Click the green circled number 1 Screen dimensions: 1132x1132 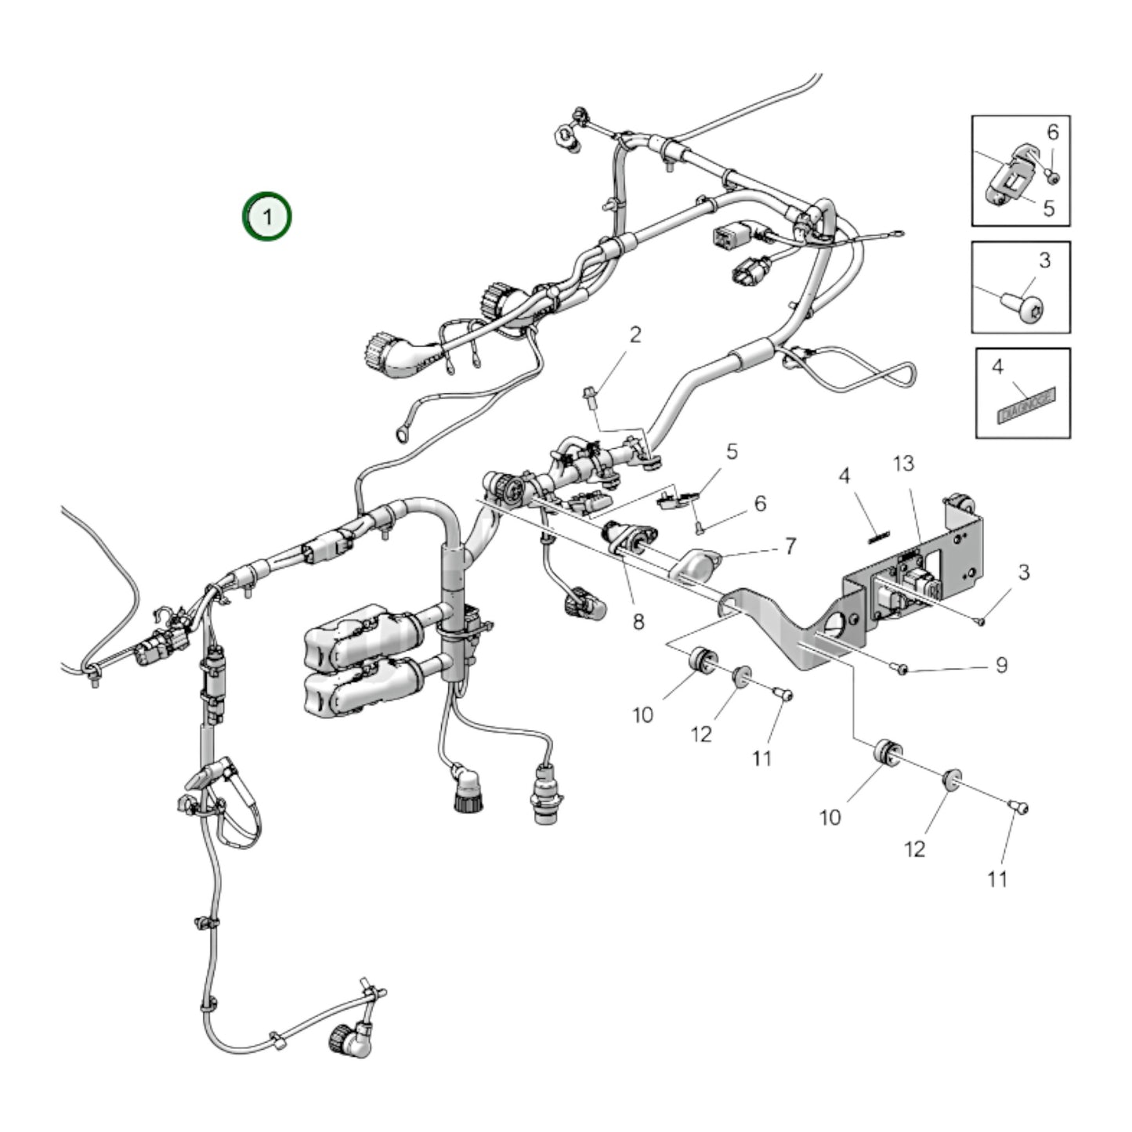[x=266, y=215]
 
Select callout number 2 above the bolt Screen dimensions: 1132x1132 [x=635, y=335]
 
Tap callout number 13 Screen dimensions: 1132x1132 [x=903, y=464]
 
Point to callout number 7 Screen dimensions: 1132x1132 [x=790, y=546]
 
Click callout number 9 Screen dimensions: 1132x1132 [x=1001, y=665]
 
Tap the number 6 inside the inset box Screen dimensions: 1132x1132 [x=1052, y=132]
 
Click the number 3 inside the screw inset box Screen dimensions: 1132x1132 [x=1044, y=260]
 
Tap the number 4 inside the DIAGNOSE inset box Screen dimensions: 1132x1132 [x=997, y=367]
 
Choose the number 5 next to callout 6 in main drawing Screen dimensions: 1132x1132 [x=732, y=451]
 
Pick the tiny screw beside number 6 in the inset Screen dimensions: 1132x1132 [x=1054, y=179]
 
